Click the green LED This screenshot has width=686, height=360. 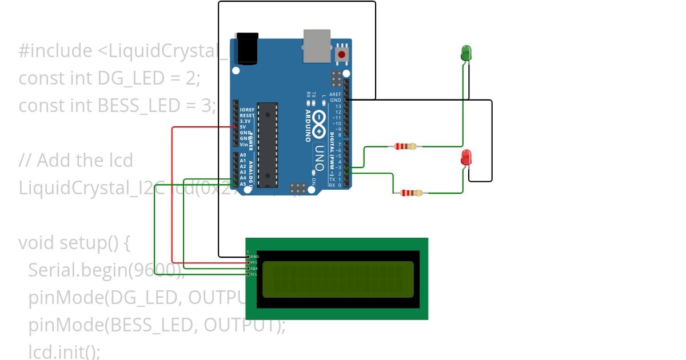click(x=466, y=53)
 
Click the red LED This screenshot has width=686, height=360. click(x=466, y=158)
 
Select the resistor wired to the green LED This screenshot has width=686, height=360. click(x=405, y=146)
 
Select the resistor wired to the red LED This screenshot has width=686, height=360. click(x=411, y=193)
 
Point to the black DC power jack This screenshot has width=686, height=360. click(x=247, y=48)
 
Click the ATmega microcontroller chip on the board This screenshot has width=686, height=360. click(x=267, y=145)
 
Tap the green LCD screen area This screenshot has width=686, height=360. click(x=338, y=279)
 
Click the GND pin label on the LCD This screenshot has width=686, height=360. click(x=254, y=257)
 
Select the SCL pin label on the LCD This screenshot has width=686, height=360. click(x=254, y=274)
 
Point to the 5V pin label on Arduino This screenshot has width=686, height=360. click(x=243, y=127)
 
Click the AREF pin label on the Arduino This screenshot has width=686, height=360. click(x=335, y=94)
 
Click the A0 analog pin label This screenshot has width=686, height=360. click(x=243, y=155)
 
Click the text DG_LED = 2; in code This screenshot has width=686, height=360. click(x=149, y=78)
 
